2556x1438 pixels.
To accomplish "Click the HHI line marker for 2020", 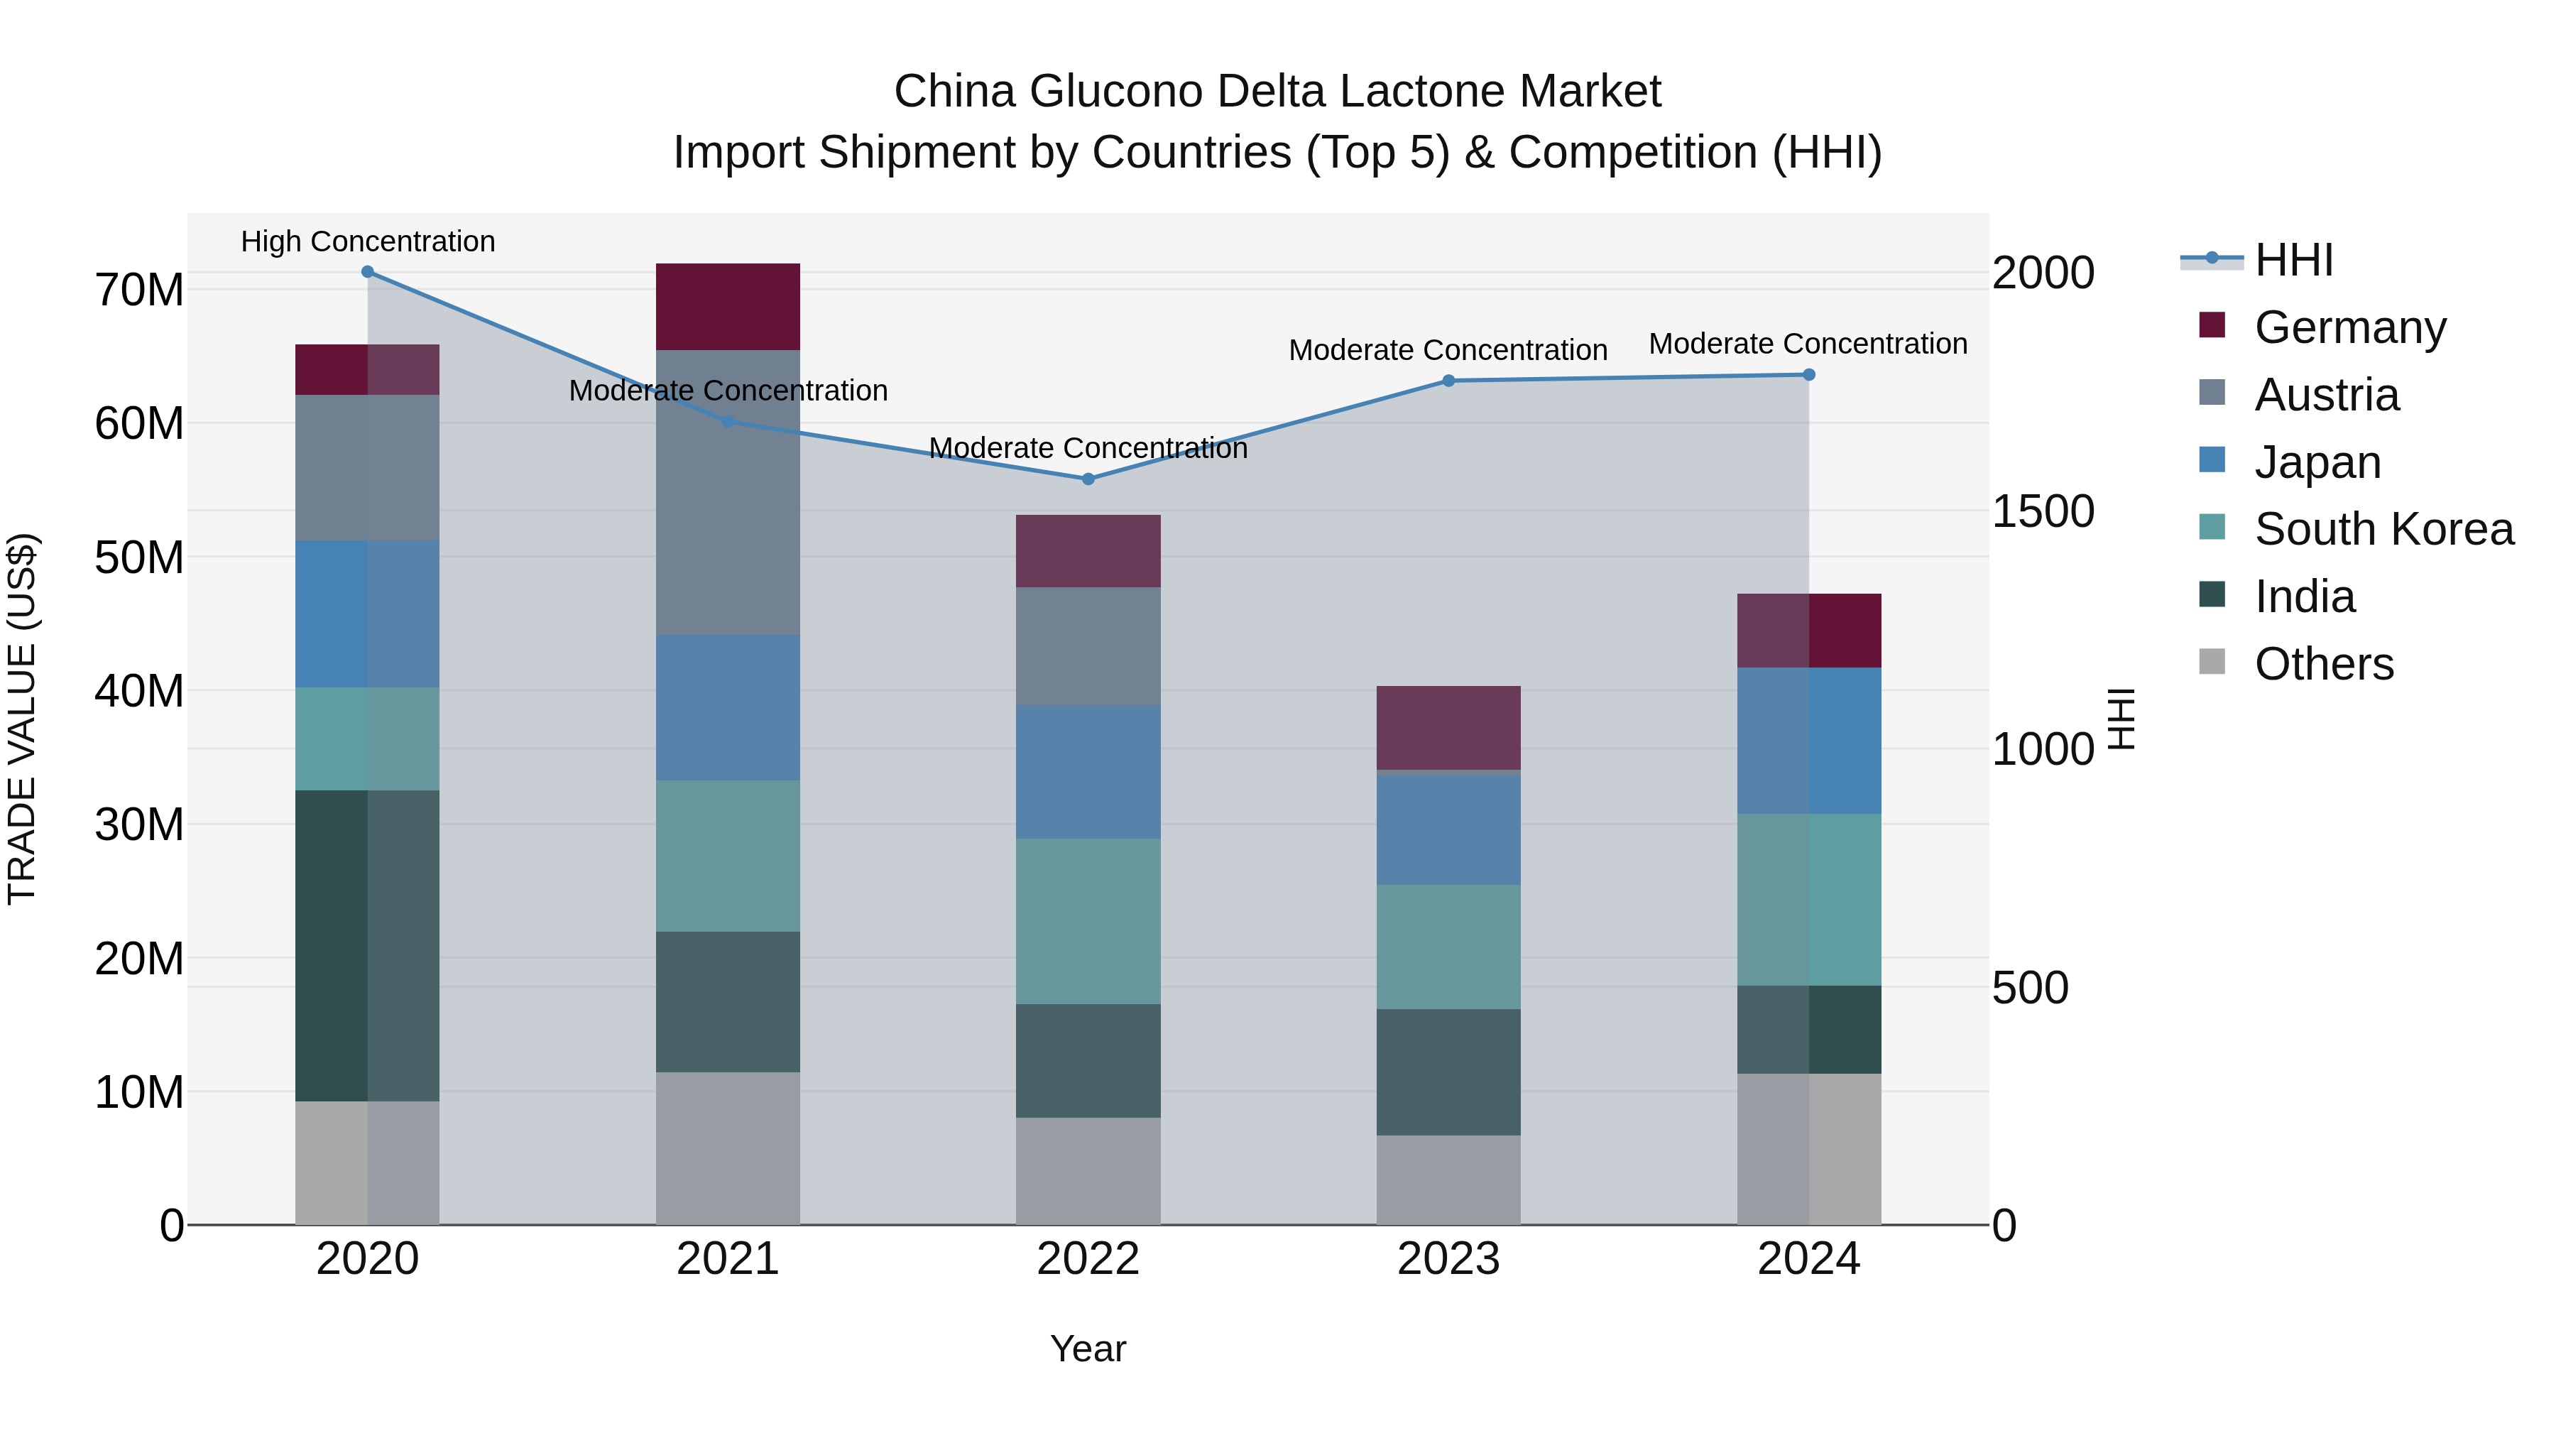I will (367, 272).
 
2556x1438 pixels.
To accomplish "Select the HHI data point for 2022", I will (1088, 479).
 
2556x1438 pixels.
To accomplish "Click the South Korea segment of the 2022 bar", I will (1088, 921).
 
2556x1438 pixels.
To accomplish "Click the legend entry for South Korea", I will (2383, 529).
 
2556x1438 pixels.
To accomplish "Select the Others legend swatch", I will (2212, 662).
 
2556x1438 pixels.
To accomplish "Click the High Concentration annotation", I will (367, 241).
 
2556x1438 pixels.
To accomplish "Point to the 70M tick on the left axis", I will (139, 290).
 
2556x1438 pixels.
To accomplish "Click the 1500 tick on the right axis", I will (2043, 511).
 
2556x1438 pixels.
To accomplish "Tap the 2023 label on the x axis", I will (1448, 1259).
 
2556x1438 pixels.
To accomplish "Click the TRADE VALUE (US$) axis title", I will (22, 719).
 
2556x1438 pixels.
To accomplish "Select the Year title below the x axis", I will (1088, 1349).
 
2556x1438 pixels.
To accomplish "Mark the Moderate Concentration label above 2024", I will (1807, 344).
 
